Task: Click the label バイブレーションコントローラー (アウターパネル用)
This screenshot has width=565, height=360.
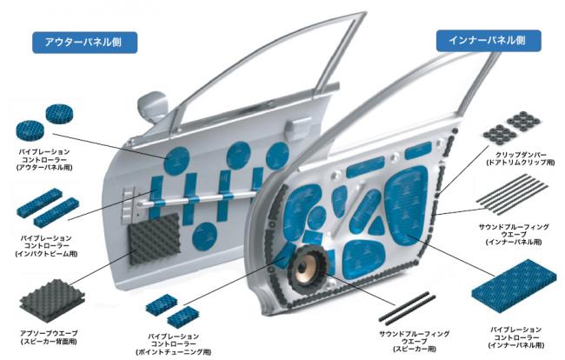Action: [43, 161]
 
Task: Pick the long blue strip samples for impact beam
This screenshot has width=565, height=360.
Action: [49, 210]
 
